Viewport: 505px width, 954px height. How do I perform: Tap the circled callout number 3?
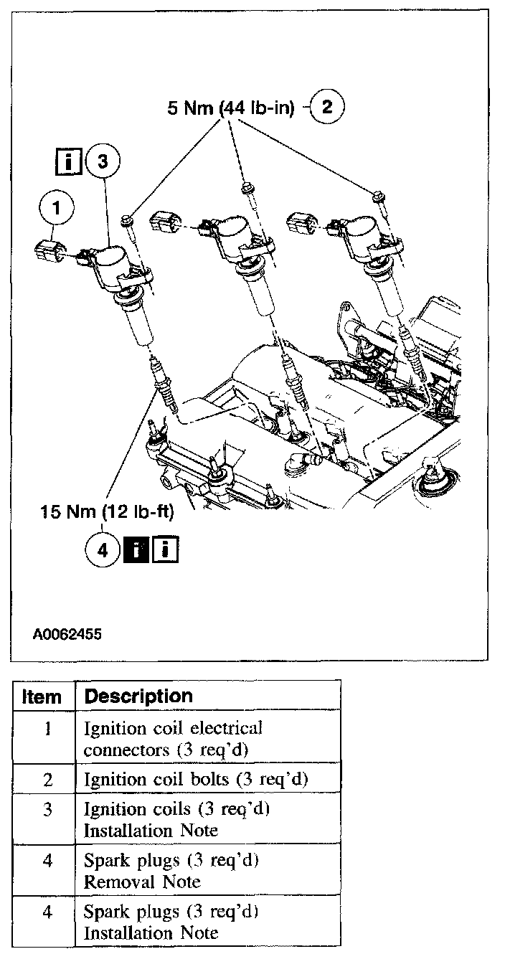point(103,163)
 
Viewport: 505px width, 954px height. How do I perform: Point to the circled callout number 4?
point(102,551)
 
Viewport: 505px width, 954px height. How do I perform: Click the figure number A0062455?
point(67,634)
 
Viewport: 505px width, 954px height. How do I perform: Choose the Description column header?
point(138,696)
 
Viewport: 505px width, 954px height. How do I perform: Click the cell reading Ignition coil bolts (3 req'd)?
point(196,779)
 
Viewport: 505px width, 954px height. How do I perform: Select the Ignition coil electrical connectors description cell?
point(174,740)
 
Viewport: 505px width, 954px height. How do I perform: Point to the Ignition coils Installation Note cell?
point(176,819)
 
